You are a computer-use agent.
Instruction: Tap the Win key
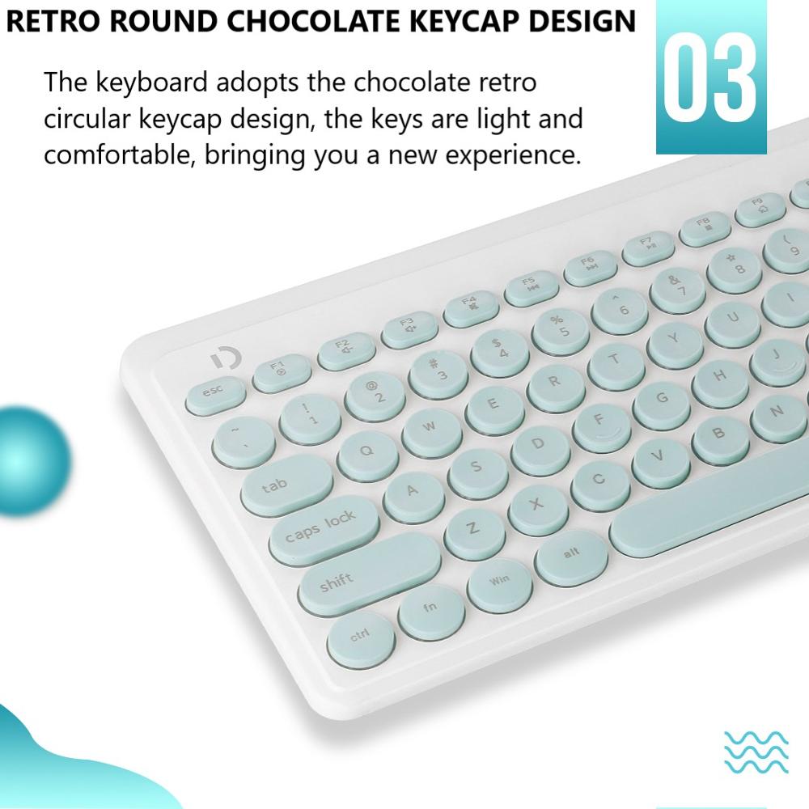499,581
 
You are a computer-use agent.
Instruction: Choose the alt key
570,553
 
